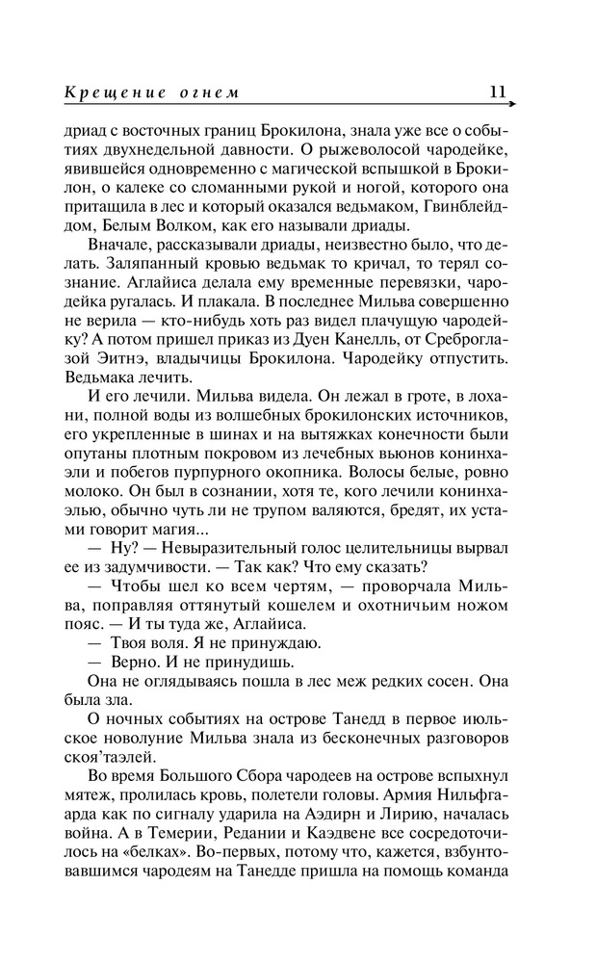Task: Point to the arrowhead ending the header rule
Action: tap(511, 104)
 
